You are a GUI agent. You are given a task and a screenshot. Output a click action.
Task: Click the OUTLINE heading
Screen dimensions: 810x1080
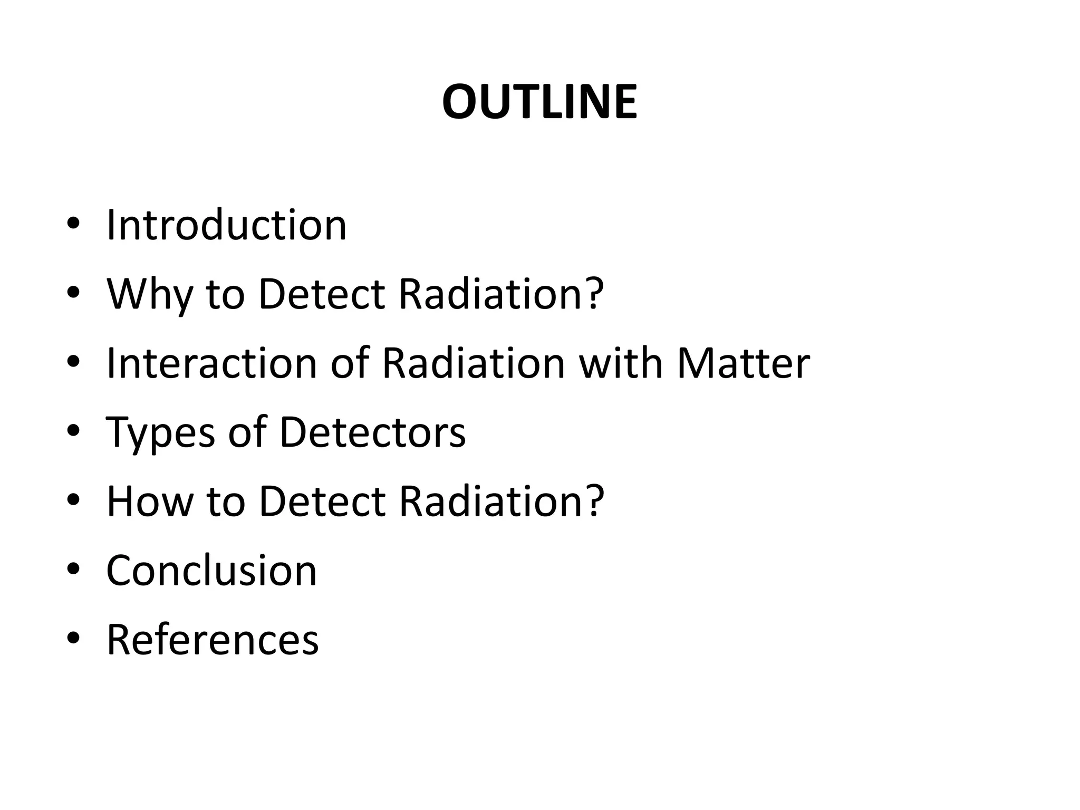pos(539,102)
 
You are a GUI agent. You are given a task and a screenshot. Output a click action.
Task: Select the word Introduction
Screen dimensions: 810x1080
pos(227,225)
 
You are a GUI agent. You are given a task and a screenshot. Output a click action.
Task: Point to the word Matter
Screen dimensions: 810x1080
pos(744,363)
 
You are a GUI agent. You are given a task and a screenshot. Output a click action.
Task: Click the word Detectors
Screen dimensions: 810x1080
pos(373,432)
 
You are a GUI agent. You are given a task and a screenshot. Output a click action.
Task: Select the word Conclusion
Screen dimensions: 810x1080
pos(212,570)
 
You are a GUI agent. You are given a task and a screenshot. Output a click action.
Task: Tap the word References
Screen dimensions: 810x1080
pos(213,639)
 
